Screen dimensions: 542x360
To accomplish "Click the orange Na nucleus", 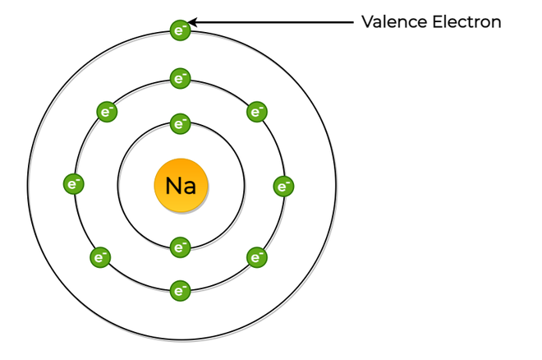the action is [181, 186].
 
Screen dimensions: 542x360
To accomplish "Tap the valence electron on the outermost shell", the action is [181, 30].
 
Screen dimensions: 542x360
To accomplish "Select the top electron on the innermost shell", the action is [181, 123].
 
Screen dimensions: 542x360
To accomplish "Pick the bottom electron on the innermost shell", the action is [181, 247].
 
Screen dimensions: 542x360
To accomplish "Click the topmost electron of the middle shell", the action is [181, 78].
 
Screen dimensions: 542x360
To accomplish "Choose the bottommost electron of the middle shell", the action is [181, 290].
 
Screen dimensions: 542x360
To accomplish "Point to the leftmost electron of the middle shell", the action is [74, 184].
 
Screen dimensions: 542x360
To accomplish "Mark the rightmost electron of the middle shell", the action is [284, 187].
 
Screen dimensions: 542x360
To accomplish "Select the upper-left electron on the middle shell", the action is [107, 112].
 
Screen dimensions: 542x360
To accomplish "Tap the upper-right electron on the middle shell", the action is [257, 112].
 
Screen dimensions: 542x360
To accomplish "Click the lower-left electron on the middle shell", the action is [100, 257].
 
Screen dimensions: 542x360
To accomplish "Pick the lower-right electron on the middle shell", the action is [257, 257].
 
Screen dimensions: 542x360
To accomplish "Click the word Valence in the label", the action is [394, 22].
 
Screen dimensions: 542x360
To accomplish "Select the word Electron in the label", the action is [466, 22].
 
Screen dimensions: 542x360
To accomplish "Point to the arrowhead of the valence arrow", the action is [192, 22].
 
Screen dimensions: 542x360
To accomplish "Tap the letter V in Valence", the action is [368, 22].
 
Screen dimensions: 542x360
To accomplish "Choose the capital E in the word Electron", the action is [437, 22].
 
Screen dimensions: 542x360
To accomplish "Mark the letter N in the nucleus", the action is [172, 186].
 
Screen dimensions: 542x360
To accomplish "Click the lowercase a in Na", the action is [190, 187].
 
